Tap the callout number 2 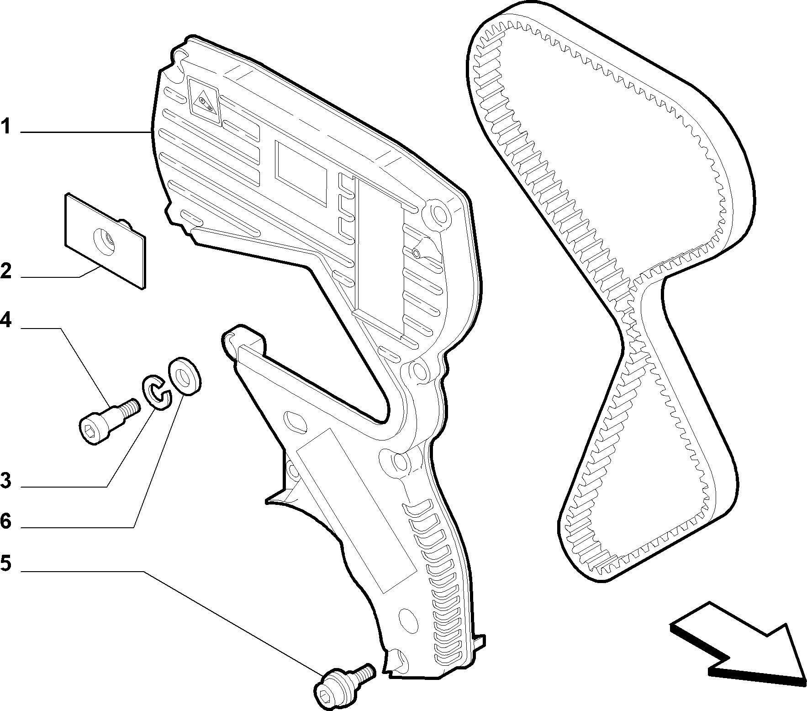[x=5, y=271]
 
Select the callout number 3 [x=5, y=481]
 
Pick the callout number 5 [x=5, y=563]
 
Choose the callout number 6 [x=5, y=521]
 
